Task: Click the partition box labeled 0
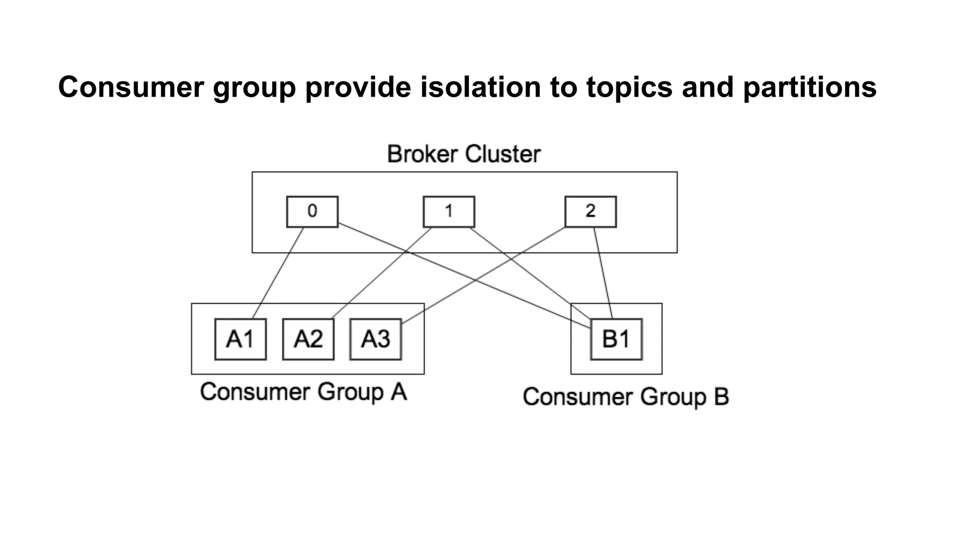coord(312,211)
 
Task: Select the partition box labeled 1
coord(449,211)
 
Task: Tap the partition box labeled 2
coord(590,211)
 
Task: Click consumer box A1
coord(240,339)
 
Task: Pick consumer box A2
coord(308,339)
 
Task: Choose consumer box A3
coord(376,339)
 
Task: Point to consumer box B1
coord(616,339)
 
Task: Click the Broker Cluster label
coord(464,154)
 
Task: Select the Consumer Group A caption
coord(303,392)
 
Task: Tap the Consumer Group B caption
coord(625,397)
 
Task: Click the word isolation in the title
coord(480,87)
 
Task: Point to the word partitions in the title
coord(809,87)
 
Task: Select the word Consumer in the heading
coord(131,87)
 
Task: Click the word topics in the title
coord(629,87)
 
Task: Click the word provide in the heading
coord(358,87)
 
